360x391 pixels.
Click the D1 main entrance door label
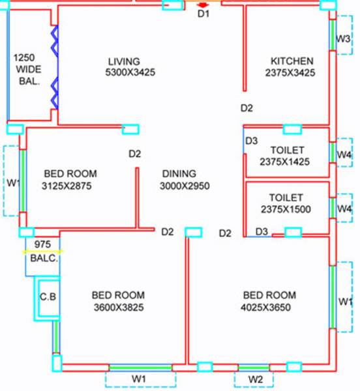[203, 14]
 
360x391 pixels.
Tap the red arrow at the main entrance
[202, 5]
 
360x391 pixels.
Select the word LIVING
[124, 61]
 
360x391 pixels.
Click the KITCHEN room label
[292, 61]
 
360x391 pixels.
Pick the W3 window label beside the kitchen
[344, 39]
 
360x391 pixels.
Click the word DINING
[179, 173]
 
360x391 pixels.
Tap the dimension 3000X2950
[185, 186]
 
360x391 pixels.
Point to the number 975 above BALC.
[43, 245]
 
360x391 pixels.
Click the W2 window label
[256, 379]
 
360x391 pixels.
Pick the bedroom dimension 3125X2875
[70, 186]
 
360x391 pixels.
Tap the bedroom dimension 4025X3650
[267, 307]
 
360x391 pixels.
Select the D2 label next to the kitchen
[247, 108]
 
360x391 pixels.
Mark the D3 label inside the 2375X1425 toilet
[252, 140]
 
